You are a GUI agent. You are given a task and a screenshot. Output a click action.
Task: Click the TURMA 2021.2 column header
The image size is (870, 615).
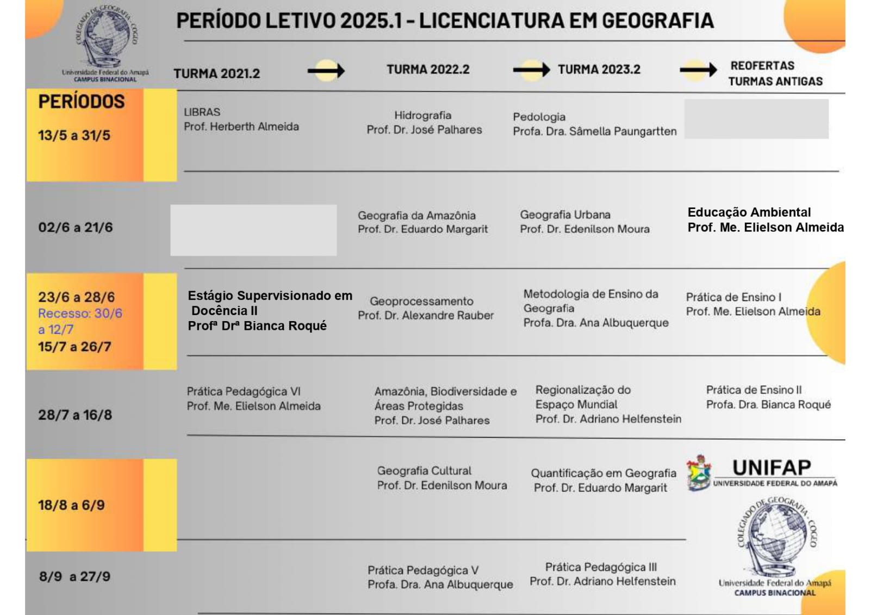[216, 73]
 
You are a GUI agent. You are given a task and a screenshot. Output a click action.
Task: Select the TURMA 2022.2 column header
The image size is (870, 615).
[428, 70]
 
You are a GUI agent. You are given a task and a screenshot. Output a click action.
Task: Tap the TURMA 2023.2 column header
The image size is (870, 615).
[599, 70]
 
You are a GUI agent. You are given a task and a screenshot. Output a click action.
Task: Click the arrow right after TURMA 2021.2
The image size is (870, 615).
[326, 71]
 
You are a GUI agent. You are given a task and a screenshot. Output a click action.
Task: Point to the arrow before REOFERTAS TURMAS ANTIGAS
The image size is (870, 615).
[698, 70]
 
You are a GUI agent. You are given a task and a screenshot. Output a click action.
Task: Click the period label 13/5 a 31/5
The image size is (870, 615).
[74, 136]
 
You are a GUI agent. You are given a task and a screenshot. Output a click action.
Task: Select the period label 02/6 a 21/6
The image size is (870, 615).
[76, 227]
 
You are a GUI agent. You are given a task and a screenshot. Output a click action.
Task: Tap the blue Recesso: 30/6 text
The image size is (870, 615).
[80, 313]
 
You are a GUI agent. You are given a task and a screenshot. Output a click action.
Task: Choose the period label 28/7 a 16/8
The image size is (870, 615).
[75, 415]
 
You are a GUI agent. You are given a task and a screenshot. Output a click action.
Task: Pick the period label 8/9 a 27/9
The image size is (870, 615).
[74, 576]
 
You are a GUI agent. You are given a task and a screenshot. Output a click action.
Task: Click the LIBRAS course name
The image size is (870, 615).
[202, 112]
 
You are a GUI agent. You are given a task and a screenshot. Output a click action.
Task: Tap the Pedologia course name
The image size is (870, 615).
[539, 117]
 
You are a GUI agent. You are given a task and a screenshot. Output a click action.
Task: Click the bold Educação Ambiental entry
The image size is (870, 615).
[749, 212]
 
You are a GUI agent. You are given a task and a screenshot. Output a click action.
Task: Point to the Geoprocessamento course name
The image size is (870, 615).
[421, 301]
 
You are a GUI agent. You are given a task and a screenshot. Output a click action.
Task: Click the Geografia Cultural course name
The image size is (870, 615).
[424, 471]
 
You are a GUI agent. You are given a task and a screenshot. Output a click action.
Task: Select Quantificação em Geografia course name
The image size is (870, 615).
[604, 473]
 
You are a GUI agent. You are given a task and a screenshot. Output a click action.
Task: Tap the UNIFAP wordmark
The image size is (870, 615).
[771, 468]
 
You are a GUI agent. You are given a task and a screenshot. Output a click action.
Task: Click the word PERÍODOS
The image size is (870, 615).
[82, 102]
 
